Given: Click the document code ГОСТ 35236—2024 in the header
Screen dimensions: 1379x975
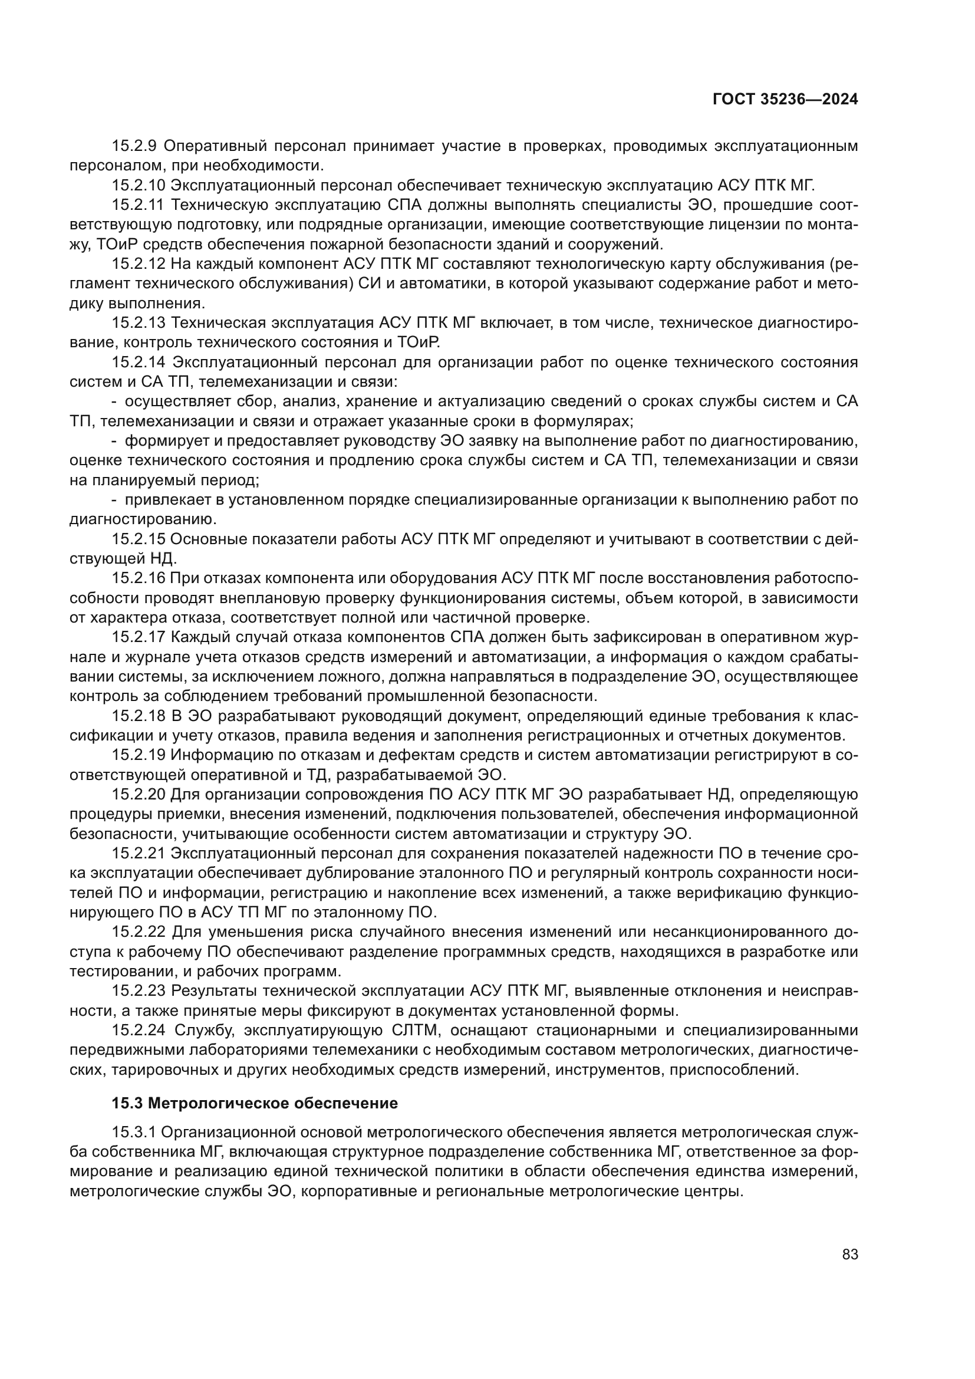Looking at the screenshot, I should (x=785, y=100).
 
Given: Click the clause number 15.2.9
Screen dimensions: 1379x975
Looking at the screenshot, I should (x=134, y=146).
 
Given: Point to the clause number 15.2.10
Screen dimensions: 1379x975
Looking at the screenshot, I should (x=139, y=185).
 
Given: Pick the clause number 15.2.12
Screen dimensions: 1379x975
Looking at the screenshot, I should (x=139, y=264).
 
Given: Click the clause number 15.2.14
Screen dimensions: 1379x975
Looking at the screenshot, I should (x=139, y=362).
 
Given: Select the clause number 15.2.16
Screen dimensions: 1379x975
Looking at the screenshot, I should (x=139, y=578).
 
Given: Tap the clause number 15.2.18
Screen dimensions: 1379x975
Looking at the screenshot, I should (x=139, y=716).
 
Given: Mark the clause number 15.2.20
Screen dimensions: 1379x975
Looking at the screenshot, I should (x=139, y=795).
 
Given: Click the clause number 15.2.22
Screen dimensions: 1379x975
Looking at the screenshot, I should (x=139, y=932).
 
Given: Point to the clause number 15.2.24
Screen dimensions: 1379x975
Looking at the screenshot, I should (x=139, y=1031).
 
